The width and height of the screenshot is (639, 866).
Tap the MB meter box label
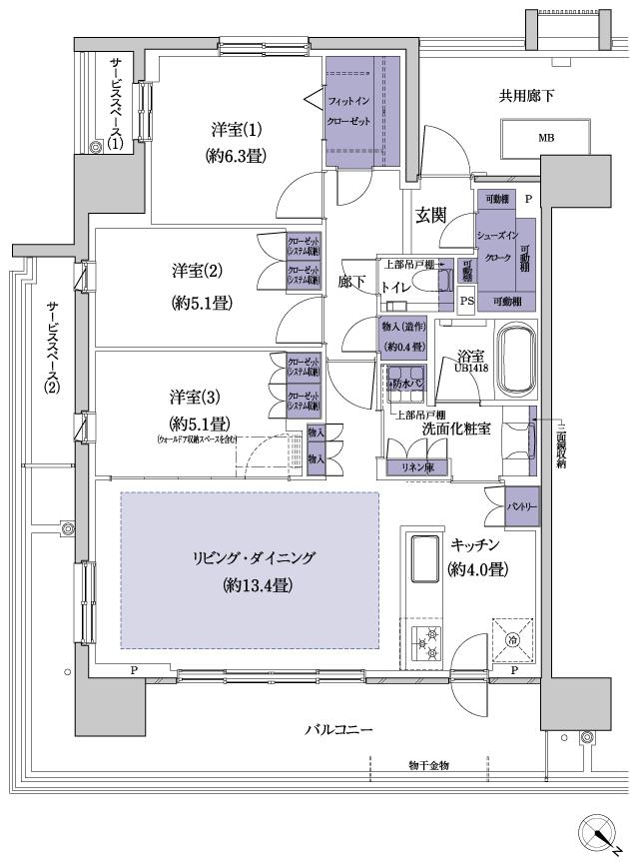click(x=546, y=138)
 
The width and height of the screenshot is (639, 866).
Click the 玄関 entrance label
click(x=430, y=215)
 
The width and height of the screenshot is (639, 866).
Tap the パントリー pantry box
click(x=521, y=506)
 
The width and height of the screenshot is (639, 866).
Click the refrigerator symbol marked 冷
click(x=511, y=640)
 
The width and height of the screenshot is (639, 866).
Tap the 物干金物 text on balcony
click(x=429, y=765)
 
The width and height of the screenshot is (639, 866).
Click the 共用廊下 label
click(x=526, y=96)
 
